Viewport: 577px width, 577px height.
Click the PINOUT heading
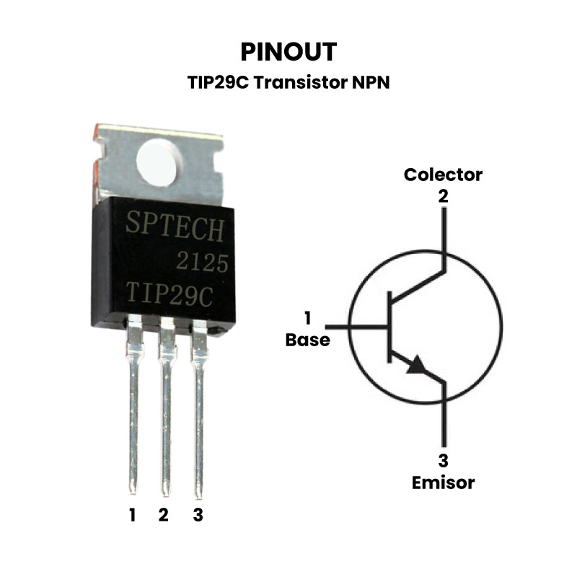288,52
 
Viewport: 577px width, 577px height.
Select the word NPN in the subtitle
370,82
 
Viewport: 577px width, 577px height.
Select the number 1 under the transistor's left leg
133,515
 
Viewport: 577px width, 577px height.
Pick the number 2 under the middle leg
164,515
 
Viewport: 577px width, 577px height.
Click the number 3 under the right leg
198,515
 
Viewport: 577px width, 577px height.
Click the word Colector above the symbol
443,175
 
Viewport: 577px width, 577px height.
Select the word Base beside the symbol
308,340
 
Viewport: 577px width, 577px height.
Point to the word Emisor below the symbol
443,483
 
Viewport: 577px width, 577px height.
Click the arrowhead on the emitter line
418,366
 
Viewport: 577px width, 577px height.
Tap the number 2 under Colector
443,195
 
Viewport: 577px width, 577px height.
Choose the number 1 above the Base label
308,318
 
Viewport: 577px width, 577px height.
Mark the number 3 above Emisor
443,462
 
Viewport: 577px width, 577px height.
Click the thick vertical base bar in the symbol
389,326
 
